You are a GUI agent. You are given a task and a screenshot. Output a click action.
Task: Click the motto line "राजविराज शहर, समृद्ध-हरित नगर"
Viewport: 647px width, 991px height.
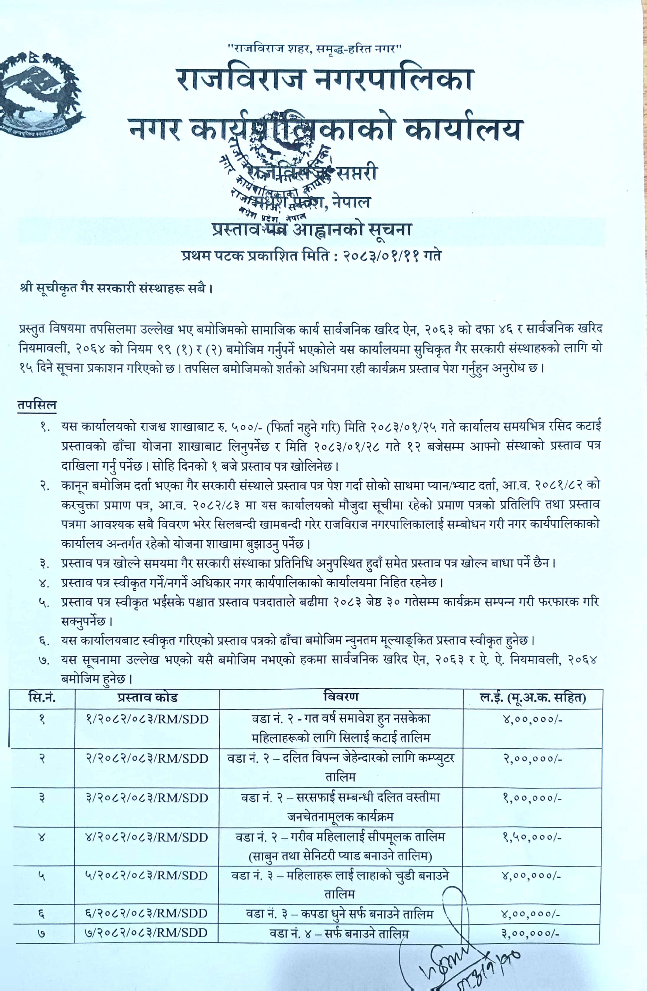click(314, 49)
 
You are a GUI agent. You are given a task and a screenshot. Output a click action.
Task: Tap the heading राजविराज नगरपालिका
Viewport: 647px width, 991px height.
click(324, 80)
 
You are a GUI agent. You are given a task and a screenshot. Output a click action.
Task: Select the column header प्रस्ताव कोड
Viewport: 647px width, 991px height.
click(147, 697)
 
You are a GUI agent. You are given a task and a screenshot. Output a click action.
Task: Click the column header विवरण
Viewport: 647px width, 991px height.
click(341, 697)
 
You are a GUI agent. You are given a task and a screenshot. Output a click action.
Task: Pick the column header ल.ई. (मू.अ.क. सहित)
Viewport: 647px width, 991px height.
click(533, 697)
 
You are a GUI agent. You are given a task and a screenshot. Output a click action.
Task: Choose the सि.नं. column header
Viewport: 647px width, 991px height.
click(42, 697)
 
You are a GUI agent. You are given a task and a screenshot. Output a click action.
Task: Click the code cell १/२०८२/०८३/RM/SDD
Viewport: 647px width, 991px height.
click(147, 719)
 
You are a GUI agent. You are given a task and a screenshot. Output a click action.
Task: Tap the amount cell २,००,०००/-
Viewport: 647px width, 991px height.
click(533, 759)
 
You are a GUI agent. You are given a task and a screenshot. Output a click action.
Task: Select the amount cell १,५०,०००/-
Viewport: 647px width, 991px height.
click(533, 837)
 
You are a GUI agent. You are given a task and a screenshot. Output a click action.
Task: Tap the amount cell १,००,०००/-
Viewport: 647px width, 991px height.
click(533, 798)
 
